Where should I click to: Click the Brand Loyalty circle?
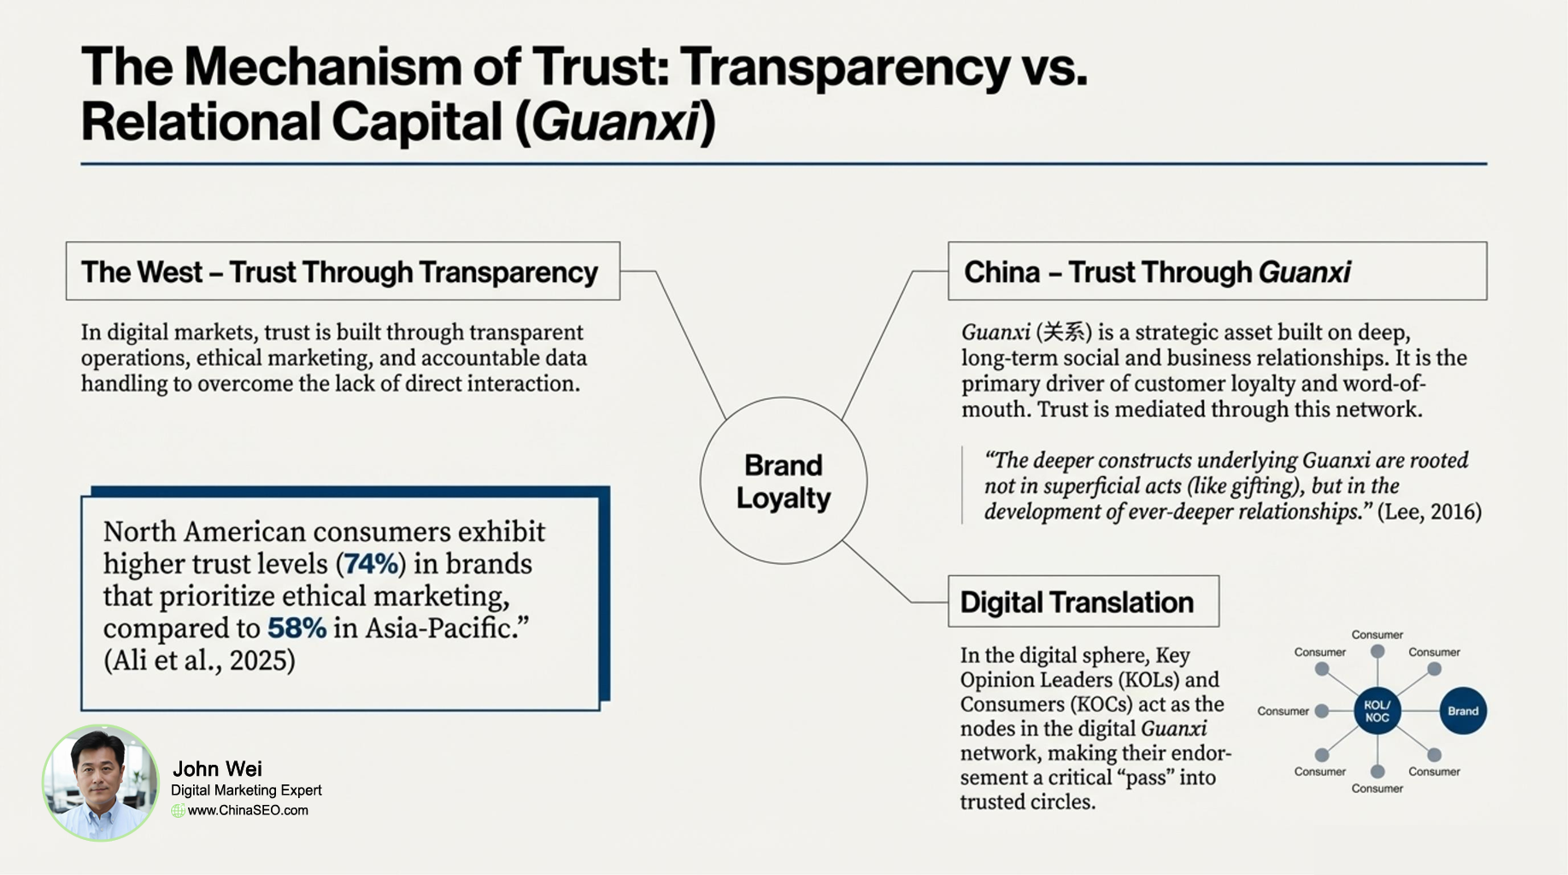[783, 481]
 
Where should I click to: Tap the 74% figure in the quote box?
[371, 564]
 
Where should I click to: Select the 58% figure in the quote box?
[297, 629]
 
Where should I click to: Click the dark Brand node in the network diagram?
[1462, 711]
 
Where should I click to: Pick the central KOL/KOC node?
[1377, 711]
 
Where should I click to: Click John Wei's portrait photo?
[101, 782]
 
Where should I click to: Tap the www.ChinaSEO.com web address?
[248, 810]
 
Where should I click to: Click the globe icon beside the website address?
[178, 810]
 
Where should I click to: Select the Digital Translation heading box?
[1083, 602]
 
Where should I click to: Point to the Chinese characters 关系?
[1064, 332]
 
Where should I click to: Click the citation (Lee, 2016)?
[1430, 512]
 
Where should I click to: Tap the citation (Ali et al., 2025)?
[199, 661]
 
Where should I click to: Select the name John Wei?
[217, 768]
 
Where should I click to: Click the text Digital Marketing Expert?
[246, 790]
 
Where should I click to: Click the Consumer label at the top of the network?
[1377, 635]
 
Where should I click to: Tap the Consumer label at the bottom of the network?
[1377, 789]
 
